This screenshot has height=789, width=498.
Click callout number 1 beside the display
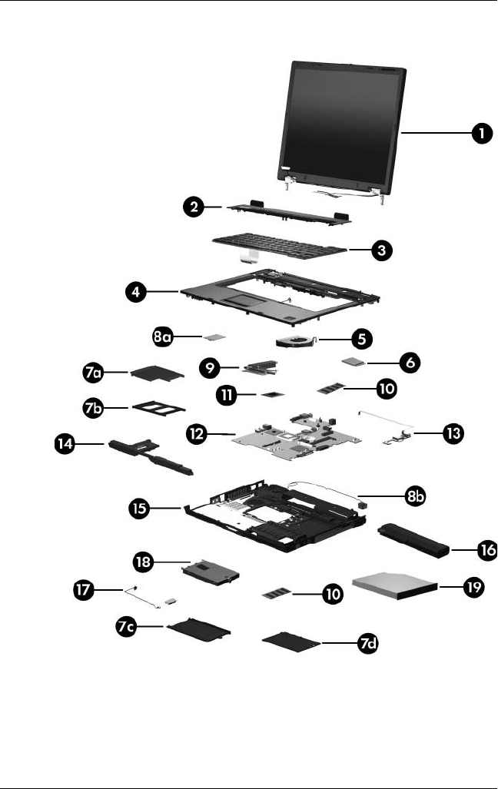tap(481, 134)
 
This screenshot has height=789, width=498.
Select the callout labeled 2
tap(194, 207)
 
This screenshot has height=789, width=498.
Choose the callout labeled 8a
tap(165, 337)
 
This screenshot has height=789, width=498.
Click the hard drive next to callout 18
tap(209, 572)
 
